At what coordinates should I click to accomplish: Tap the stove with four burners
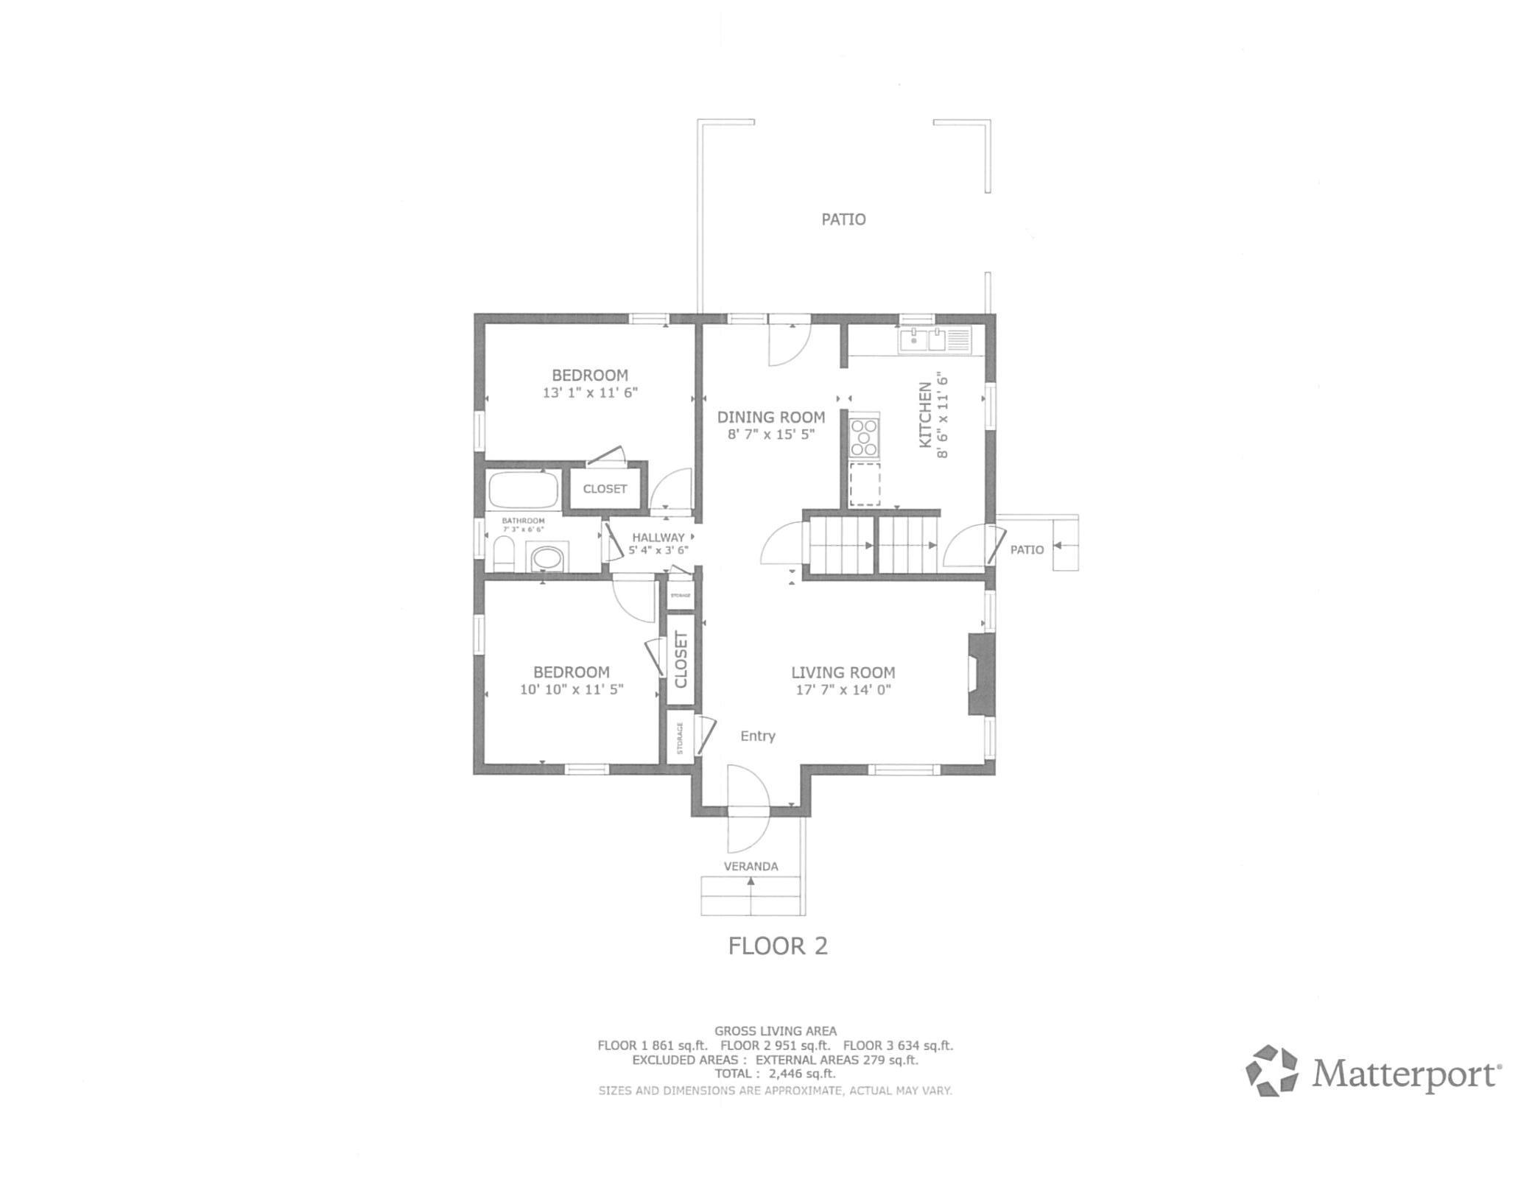[863, 437]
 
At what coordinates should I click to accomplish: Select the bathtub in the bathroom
[522, 489]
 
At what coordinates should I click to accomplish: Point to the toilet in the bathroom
[504, 554]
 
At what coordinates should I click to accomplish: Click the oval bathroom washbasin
[547, 557]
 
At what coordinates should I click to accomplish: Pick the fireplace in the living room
[980, 675]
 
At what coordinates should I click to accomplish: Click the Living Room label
[843, 672]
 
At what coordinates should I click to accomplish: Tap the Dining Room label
[771, 417]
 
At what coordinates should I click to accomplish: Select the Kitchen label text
[925, 415]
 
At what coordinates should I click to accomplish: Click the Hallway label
[658, 538]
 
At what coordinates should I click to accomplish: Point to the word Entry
[758, 736]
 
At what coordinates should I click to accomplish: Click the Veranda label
[751, 867]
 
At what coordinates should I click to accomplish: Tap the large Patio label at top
[843, 219]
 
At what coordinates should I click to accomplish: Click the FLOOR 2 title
[778, 946]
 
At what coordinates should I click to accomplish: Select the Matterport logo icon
[1272, 1071]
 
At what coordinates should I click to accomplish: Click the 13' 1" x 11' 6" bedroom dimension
[590, 393]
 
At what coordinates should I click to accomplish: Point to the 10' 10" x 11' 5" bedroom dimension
[572, 690]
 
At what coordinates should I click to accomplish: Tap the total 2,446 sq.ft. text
[775, 1074]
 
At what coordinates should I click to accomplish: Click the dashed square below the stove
[865, 484]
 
